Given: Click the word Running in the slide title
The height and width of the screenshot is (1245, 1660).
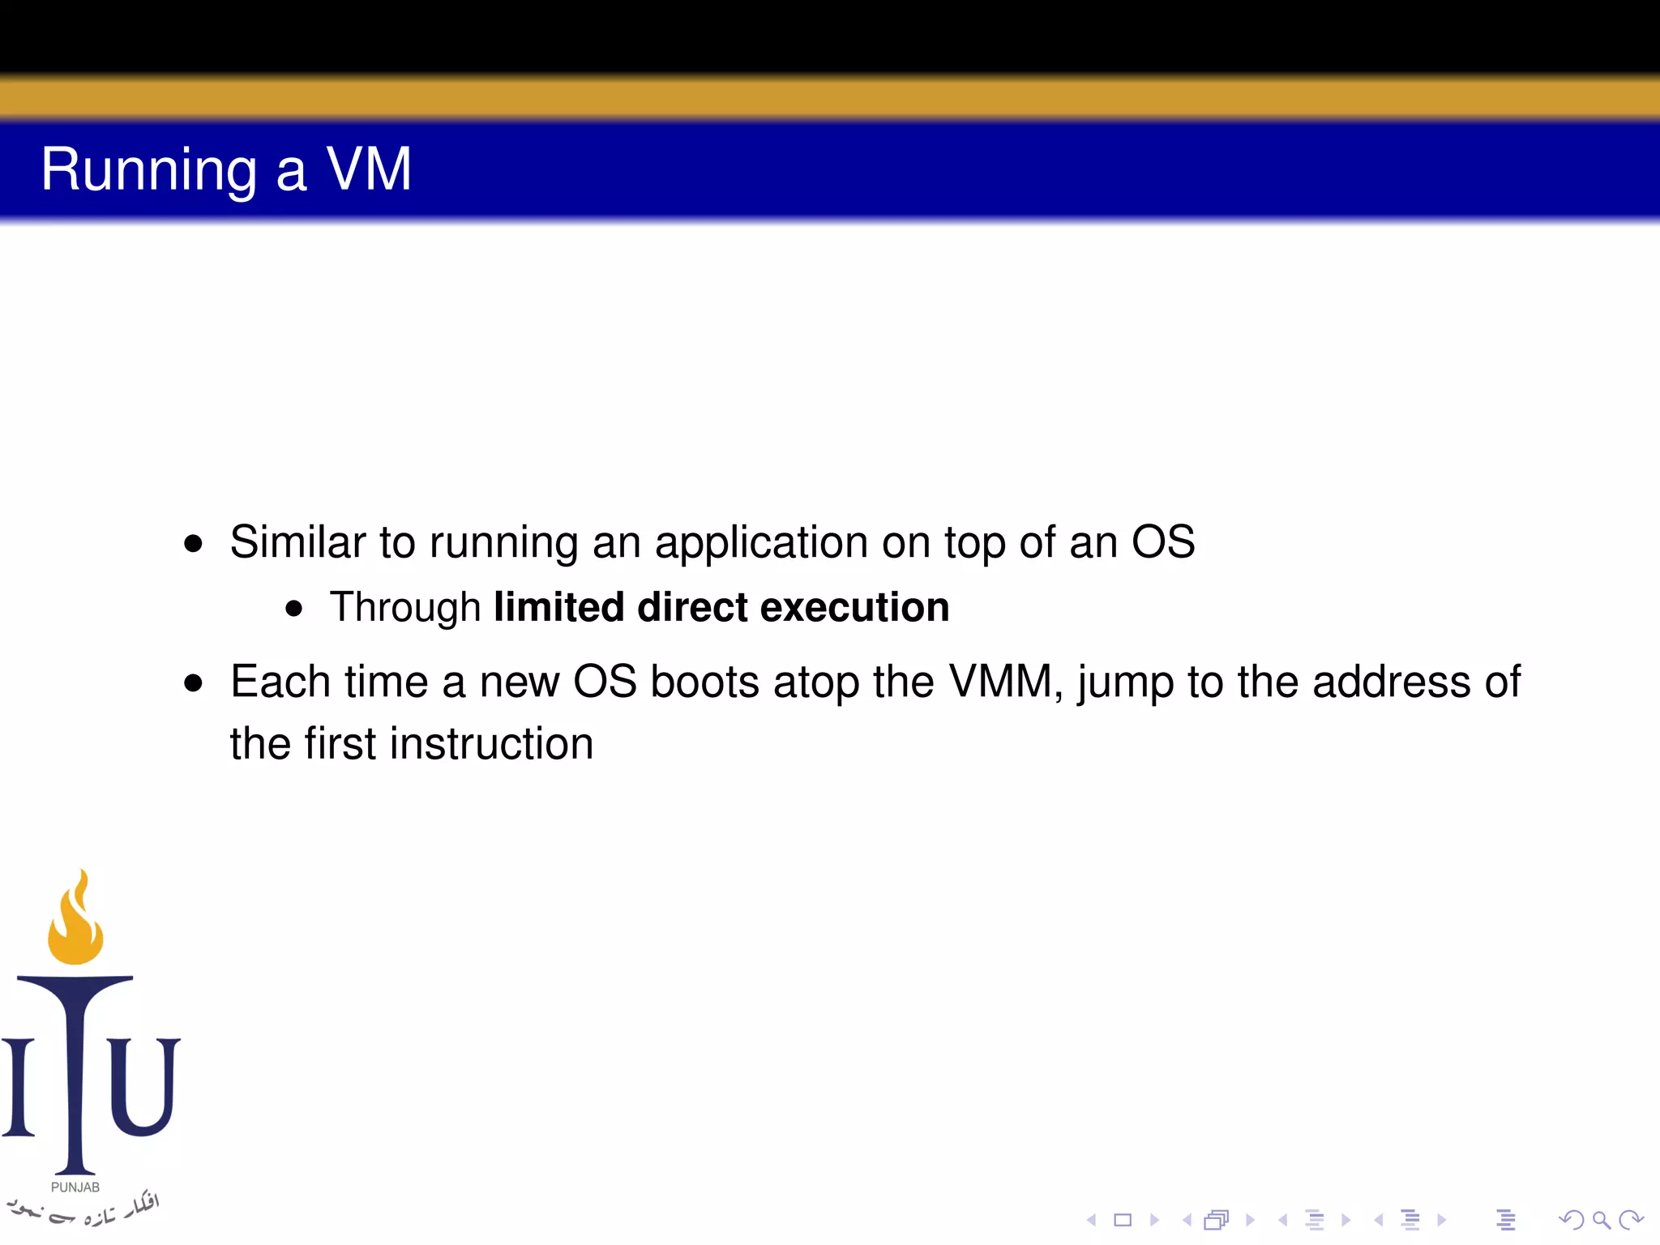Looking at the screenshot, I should pos(149,170).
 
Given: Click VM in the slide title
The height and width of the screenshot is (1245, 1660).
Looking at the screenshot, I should pos(369,169).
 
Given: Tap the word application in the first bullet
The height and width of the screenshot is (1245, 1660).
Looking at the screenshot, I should pos(760,543).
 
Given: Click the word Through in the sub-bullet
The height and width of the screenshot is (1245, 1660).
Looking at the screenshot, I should pos(405,607).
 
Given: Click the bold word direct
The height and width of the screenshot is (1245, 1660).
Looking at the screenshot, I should pos(692,607).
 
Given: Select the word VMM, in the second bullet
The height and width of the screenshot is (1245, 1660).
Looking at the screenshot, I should pos(1006,682).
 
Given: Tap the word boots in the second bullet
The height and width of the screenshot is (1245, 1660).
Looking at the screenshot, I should pos(704,682).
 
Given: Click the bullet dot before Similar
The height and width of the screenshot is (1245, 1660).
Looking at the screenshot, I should pos(193,543).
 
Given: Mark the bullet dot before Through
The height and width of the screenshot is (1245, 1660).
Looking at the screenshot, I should pos(294,609).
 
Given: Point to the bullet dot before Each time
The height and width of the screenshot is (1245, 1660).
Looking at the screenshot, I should pos(193,683).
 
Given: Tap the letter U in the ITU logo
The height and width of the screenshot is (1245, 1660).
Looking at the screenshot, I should pos(143,1086).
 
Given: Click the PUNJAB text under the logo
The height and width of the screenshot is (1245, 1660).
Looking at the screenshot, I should pos(75,1187).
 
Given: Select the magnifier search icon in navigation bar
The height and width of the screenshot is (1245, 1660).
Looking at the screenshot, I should pos(1601,1219).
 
